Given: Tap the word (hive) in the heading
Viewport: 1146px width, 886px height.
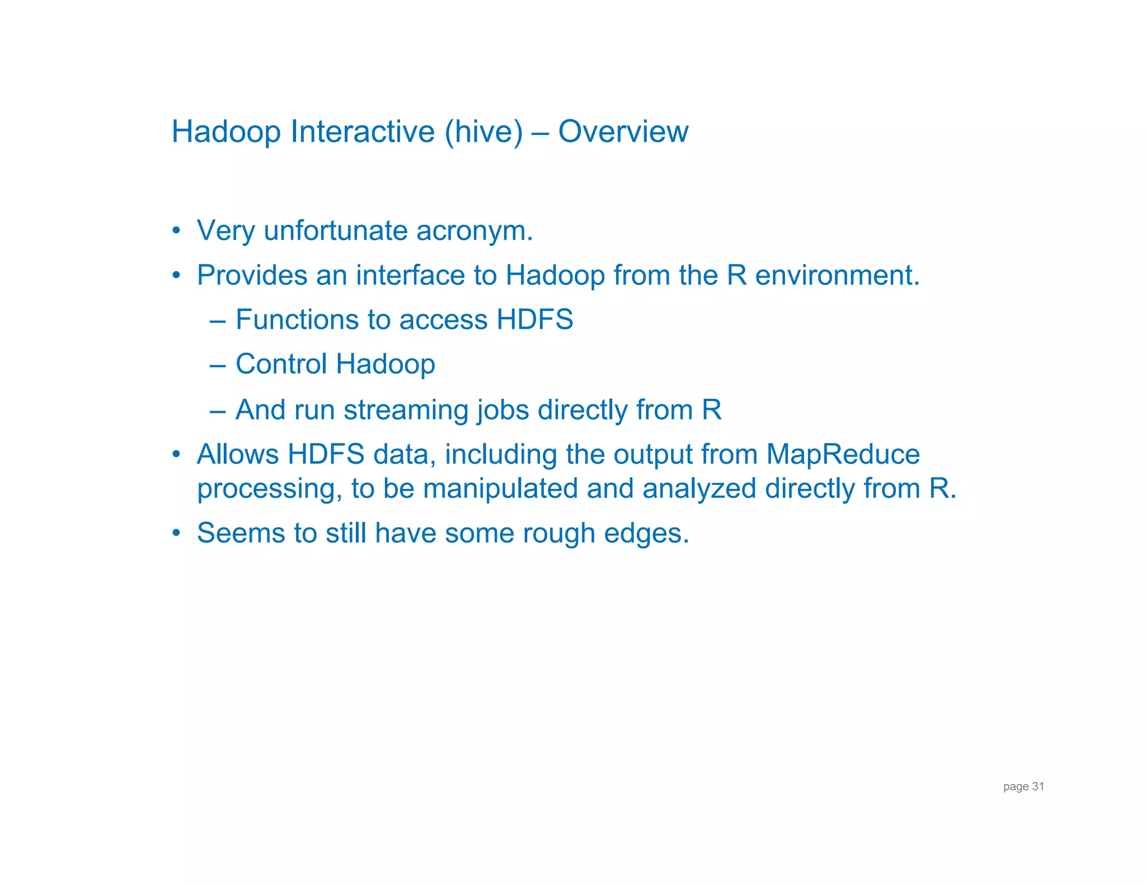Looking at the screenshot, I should [x=483, y=132].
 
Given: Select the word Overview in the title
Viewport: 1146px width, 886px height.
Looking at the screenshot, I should [x=623, y=132].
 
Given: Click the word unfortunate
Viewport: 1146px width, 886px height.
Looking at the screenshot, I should [x=335, y=231].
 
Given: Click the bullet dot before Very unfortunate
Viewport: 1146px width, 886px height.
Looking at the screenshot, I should [x=176, y=231].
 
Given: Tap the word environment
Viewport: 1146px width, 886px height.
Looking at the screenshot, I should [x=837, y=276].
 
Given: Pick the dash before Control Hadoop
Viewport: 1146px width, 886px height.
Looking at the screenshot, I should [x=218, y=365].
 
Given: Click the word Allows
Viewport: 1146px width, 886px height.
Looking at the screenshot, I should [x=237, y=454].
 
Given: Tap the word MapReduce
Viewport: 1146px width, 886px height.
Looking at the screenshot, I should [x=843, y=454].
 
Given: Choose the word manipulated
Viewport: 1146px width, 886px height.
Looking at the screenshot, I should [x=500, y=488].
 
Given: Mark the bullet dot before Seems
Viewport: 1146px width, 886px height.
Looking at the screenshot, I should [x=176, y=533].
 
